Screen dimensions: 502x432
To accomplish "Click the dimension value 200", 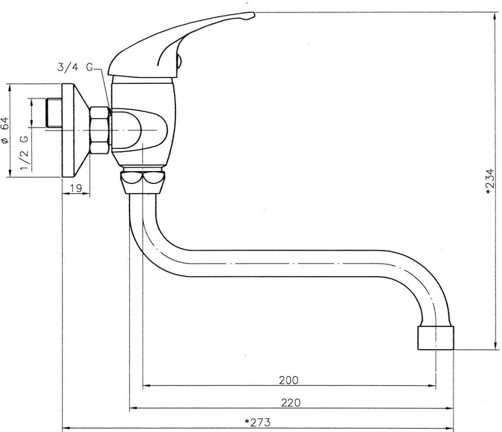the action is coord(288,380).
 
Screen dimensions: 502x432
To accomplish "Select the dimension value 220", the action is coord(291,403).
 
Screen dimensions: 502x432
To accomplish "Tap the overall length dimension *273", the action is coord(257,422).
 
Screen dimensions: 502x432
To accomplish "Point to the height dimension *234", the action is coord(490,181).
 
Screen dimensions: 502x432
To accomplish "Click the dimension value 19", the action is coord(76,188).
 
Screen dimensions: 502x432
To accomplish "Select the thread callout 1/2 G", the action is coord(24,153).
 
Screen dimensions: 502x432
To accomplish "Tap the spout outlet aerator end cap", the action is coord(436,338).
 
